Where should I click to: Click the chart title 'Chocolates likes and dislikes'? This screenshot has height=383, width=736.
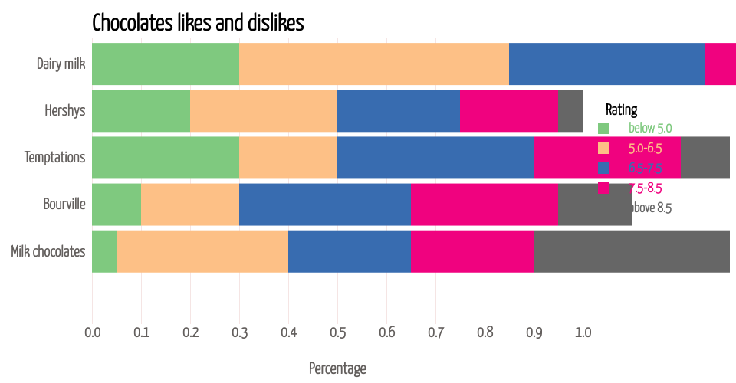pyautogui.click(x=198, y=23)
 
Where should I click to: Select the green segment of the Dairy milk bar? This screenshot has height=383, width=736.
pyautogui.click(x=166, y=64)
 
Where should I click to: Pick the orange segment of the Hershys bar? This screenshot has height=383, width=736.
pyautogui.click(x=264, y=110)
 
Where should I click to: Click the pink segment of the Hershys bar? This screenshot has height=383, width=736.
pyautogui.click(x=508, y=110)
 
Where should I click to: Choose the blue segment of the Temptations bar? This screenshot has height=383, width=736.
pyautogui.click(x=435, y=157)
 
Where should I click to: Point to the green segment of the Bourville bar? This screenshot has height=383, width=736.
pyautogui.click(x=117, y=204)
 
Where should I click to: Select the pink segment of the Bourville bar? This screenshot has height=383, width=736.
pyautogui.click(x=484, y=204)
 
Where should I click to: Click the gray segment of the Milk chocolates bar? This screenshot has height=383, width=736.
pyautogui.click(x=632, y=250)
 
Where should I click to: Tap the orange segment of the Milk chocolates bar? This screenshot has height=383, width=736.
pyautogui.click(x=202, y=250)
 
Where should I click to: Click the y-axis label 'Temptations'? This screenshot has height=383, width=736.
pyautogui.click(x=54, y=157)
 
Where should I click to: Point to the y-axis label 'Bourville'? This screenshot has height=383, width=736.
pyautogui.click(x=64, y=204)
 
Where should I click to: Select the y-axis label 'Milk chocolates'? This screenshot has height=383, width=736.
pyautogui.click(x=48, y=250)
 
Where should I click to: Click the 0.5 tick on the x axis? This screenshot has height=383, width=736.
pyautogui.click(x=337, y=332)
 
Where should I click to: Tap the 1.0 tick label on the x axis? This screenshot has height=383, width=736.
pyautogui.click(x=583, y=332)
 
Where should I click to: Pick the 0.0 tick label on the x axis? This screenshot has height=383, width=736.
pyautogui.click(x=92, y=332)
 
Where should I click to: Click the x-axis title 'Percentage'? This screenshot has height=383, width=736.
pyautogui.click(x=337, y=368)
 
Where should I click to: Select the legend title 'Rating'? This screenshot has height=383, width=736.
pyautogui.click(x=621, y=110)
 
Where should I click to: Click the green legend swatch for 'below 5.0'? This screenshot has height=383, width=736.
pyautogui.click(x=603, y=128)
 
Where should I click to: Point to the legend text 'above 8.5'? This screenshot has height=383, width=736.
pyautogui.click(x=650, y=208)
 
